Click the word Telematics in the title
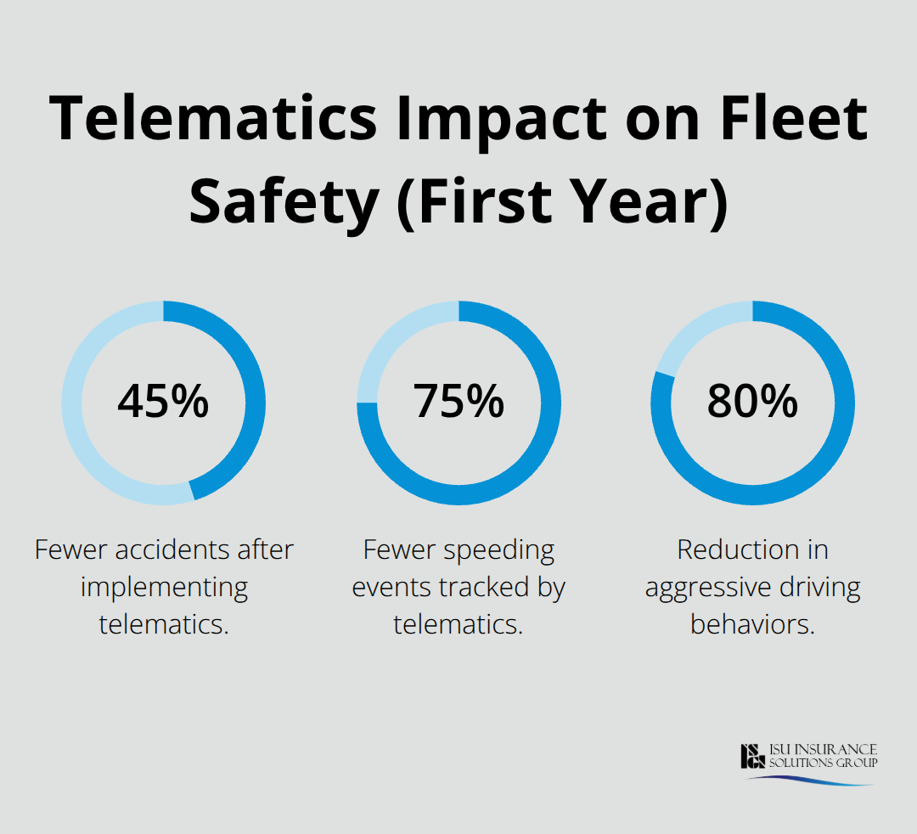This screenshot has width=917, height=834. [213, 118]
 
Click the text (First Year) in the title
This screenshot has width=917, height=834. [561, 201]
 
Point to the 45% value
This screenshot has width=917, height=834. [163, 402]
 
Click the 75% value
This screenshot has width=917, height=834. [458, 402]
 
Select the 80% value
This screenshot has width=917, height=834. [752, 402]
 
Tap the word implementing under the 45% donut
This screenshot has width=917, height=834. [164, 587]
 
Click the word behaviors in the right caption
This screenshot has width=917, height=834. [752, 624]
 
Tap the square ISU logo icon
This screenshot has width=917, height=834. [753, 756]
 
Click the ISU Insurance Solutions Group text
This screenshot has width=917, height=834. [823, 756]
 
